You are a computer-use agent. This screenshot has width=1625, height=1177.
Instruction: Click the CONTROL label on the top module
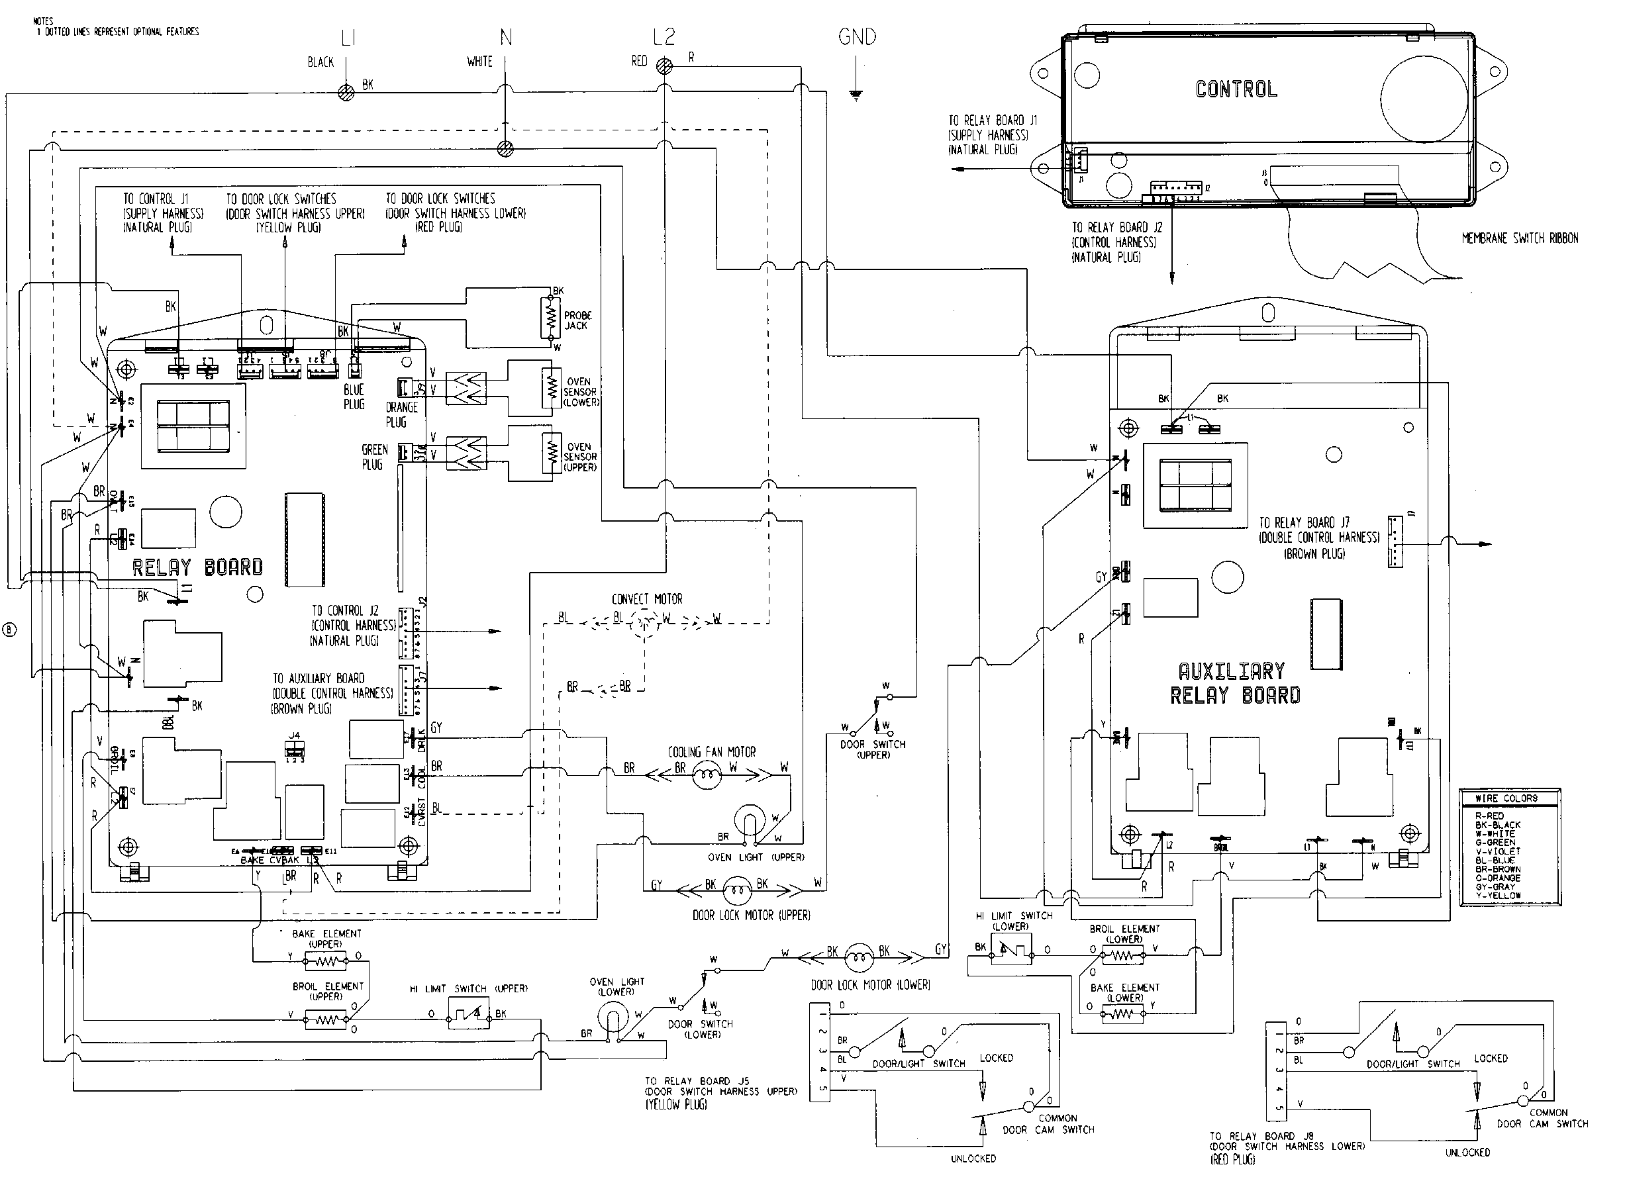[x=1236, y=89]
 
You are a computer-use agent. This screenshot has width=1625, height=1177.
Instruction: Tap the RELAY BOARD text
[x=197, y=568]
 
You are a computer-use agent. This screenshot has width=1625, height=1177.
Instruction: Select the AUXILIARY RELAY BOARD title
[x=1235, y=683]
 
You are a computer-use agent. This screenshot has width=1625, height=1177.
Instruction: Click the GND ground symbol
[x=856, y=93]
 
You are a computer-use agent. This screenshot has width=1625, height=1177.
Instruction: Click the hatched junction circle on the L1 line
[x=346, y=93]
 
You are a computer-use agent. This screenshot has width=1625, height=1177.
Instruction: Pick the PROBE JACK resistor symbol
[x=551, y=319]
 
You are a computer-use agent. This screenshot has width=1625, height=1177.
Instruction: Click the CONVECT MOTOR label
[x=646, y=599]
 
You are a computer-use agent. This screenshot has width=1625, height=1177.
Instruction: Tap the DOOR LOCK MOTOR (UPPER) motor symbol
[x=736, y=890]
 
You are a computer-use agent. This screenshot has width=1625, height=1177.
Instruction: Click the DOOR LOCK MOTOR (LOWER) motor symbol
[x=858, y=957]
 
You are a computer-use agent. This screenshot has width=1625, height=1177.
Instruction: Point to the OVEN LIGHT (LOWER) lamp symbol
[x=613, y=1017]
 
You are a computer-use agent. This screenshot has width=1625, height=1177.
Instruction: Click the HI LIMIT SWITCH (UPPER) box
[x=468, y=1013]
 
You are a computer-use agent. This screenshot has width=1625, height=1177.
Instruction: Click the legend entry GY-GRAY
[x=1497, y=887]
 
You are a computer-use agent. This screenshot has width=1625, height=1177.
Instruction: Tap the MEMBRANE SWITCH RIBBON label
[x=1520, y=238]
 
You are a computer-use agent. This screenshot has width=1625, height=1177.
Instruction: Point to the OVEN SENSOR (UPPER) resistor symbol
[x=551, y=452]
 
